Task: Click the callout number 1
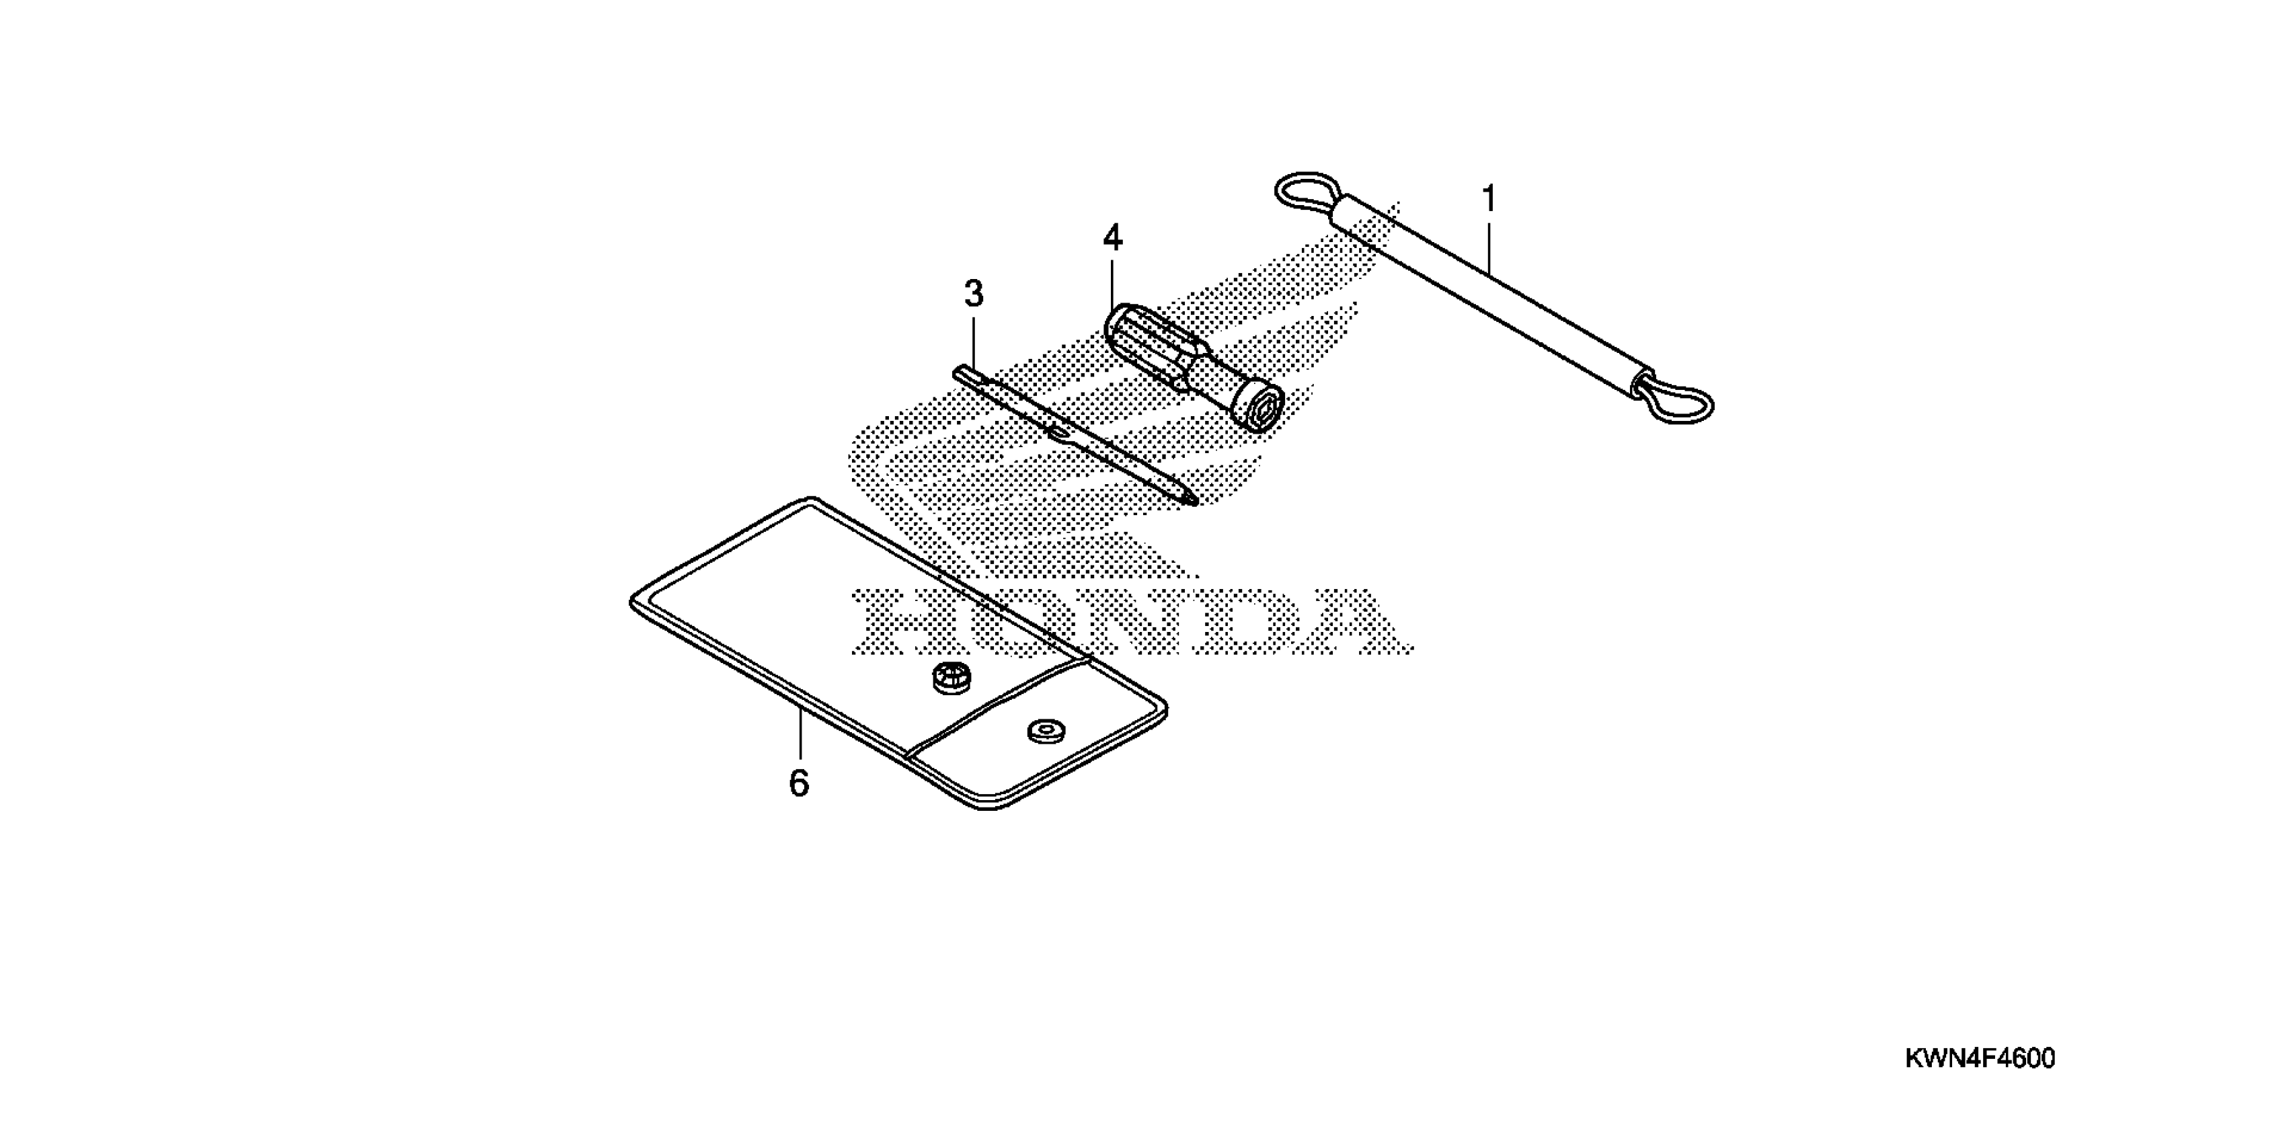point(1489,198)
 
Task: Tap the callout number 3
point(974,294)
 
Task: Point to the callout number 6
point(799,783)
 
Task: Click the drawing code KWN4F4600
point(1980,1058)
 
